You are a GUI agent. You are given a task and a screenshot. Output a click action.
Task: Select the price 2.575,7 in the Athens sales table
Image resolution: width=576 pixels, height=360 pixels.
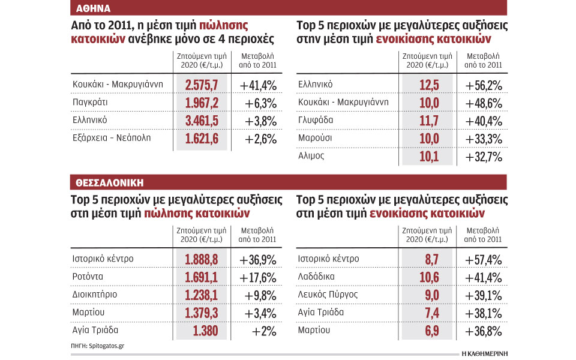click(202, 84)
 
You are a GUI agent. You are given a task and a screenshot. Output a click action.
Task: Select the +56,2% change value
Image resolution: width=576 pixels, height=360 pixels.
click(484, 85)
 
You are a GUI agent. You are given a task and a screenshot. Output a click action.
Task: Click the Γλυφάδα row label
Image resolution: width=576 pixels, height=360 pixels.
click(317, 120)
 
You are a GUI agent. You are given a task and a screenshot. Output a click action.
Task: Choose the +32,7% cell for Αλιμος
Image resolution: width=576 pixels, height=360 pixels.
click(484, 157)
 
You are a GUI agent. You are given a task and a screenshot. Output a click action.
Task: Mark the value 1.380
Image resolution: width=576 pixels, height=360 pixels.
click(208, 331)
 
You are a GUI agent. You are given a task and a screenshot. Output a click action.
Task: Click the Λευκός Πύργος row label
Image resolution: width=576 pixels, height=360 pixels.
click(328, 295)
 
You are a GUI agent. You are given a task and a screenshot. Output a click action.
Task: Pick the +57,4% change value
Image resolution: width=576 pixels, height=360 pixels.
click(484, 259)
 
